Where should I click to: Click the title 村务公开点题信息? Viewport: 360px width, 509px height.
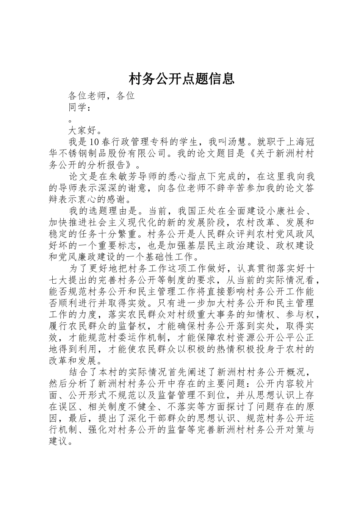pyautogui.click(x=182, y=78)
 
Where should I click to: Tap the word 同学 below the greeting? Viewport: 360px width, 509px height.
pyautogui.click(x=78, y=108)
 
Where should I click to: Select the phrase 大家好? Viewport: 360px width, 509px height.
pyautogui.click(x=83, y=131)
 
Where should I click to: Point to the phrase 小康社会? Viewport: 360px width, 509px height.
pyautogui.click(x=280, y=211)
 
